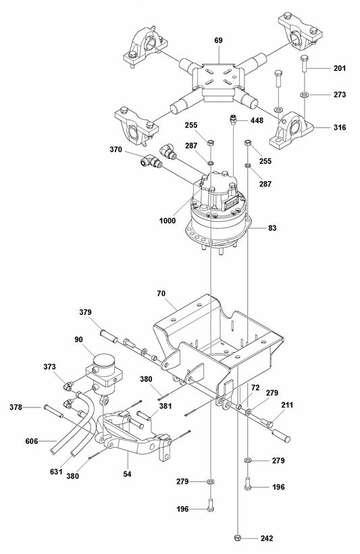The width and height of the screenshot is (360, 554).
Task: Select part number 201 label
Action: (340, 69)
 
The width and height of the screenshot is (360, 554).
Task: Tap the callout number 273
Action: (340, 95)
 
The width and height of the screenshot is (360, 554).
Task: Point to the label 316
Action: (340, 126)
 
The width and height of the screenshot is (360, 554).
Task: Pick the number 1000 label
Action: (169, 220)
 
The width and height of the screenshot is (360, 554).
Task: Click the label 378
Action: (16, 407)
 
